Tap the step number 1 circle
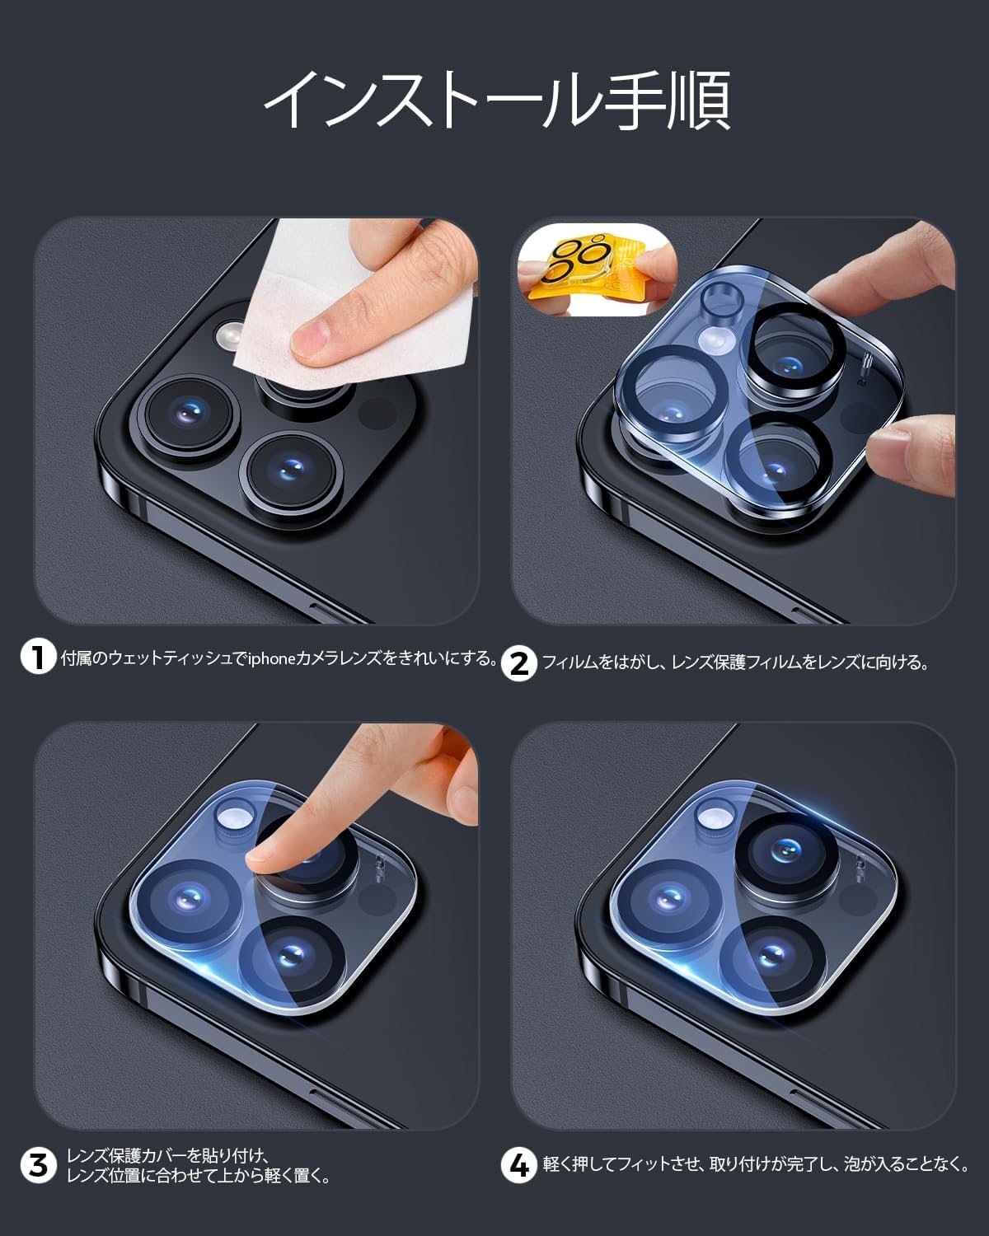(x=38, y=657)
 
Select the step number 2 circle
(x=518, y=664)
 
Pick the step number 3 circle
(x=38, y=1166)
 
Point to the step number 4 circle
(x=518, y=1166)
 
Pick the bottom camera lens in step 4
(x=772, y=958)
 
